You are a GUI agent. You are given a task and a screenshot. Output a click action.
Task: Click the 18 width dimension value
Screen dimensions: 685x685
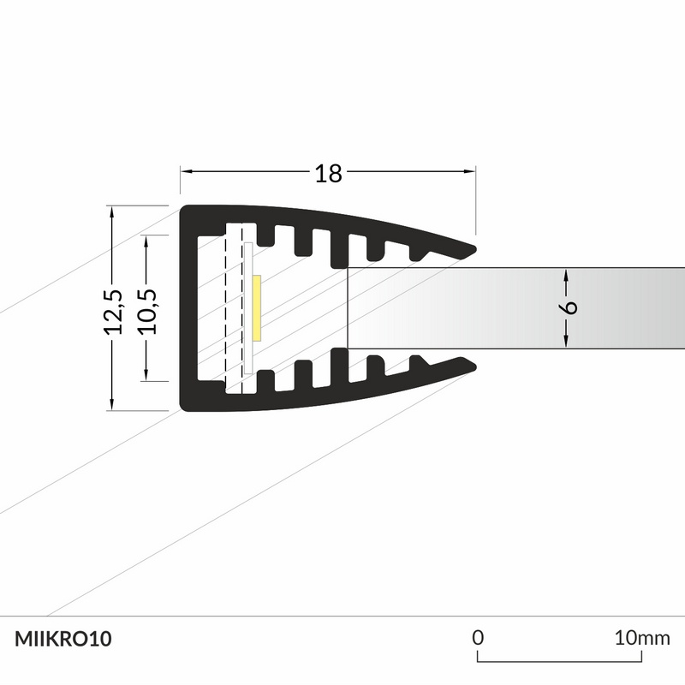coord(328,174)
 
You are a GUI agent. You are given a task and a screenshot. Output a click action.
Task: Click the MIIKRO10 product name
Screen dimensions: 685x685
coord(63,639)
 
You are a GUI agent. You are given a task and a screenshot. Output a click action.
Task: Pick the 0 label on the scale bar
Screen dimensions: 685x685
coord(479,638)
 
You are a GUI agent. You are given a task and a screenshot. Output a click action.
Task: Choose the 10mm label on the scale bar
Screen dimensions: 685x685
coord(642,638)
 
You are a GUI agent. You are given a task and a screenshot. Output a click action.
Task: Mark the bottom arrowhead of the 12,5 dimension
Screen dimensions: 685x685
coord(113,405)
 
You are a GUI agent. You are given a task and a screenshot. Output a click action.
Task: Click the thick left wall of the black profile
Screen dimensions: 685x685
coord(189,308)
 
